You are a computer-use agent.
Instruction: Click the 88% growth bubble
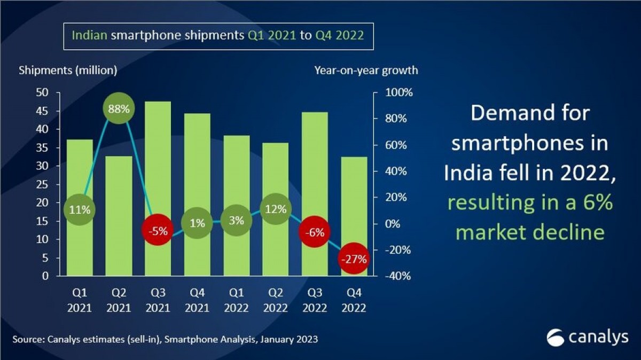pos(118,108)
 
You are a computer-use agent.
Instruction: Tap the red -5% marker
pos(158,231)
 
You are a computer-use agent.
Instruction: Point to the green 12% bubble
pos(276,209)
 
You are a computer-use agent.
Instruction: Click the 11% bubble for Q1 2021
pos(79,209)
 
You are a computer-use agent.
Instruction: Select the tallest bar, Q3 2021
pos(158,160)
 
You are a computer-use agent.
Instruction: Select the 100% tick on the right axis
pos(398,92)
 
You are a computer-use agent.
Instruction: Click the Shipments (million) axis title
pos(68,70)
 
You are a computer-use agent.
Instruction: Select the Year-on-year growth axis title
pos(366,70)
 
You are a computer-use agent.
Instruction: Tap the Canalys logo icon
pos(556,338)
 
